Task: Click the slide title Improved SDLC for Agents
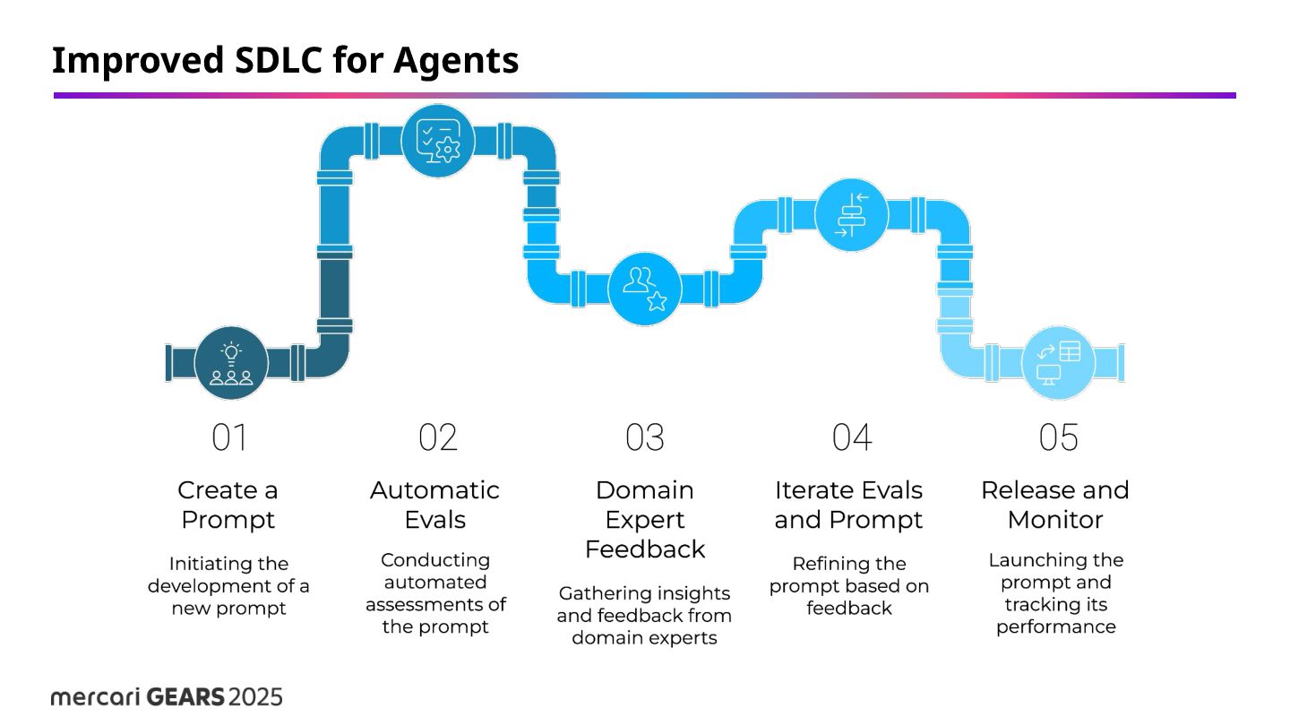tap(285, 61)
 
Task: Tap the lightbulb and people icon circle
tap(231, 362)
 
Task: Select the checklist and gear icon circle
tap(437, 141)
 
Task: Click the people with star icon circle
tap(645, 288)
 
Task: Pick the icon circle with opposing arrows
tap(851, 215)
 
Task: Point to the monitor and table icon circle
tap(1058, 362)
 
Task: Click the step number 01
tap(229, 438)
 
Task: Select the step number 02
tap(438, 438)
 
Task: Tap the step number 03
tap(645, 438)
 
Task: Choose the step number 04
tap(852, 438)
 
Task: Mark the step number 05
tap(1058, 438)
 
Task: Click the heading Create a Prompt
tap(228, 505)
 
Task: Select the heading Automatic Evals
tap(435, 505)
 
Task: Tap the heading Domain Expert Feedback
tap(645, 519)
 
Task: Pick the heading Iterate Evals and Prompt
tap(848, 505)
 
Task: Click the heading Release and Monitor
tap(1055, 505)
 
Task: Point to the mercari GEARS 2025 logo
tap(168, 696)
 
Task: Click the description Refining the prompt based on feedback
tap(849, 586)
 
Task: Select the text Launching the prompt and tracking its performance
tap(1056, 593)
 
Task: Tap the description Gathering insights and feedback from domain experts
tap(644, 616)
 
